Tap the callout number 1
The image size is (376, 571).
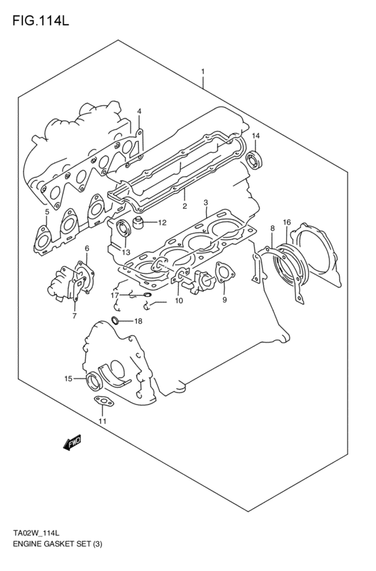pyautogui.click(x=202, y=71)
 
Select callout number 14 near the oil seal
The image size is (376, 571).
pyautogui.click(x=255, y=136)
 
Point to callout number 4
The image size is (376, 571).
pyautogui.click(x=139, y=111)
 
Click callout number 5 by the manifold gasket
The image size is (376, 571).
pyautogui.click(x=46, y=213)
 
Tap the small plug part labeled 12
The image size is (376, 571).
pyautogui.click(x=140, y=221)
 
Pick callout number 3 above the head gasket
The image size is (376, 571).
pyautogui.click(x=205, y=202)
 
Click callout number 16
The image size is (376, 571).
pyautogui.click(x=287, y=222)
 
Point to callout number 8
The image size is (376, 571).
pyautogui.click(x=272, y=229)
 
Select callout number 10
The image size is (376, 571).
pyautogui.click(x=179, y=301)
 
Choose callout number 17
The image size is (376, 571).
pyautogui.click(x=115, y=295)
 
